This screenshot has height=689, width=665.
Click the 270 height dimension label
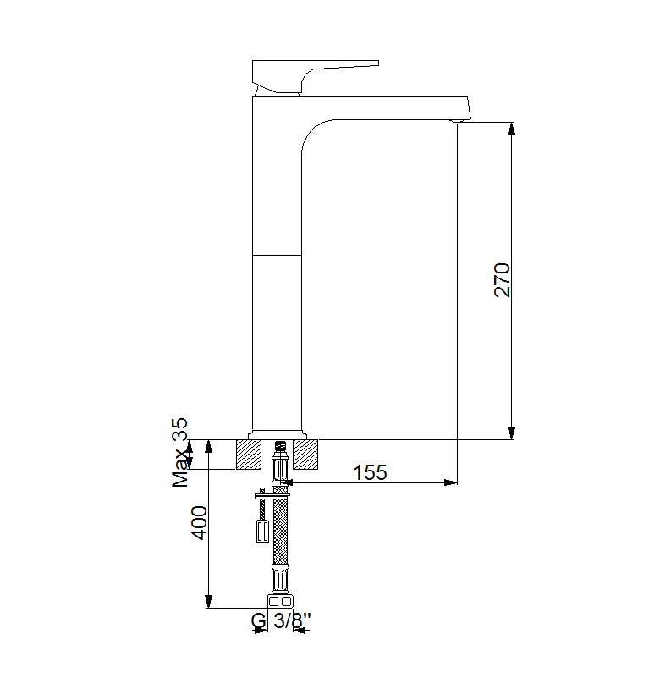(503, 280)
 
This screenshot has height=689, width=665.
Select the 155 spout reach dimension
(370, 472)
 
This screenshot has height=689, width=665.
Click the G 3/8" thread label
(281, 621)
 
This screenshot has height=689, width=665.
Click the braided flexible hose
(279, 529)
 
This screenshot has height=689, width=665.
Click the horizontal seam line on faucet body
(277, 253)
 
